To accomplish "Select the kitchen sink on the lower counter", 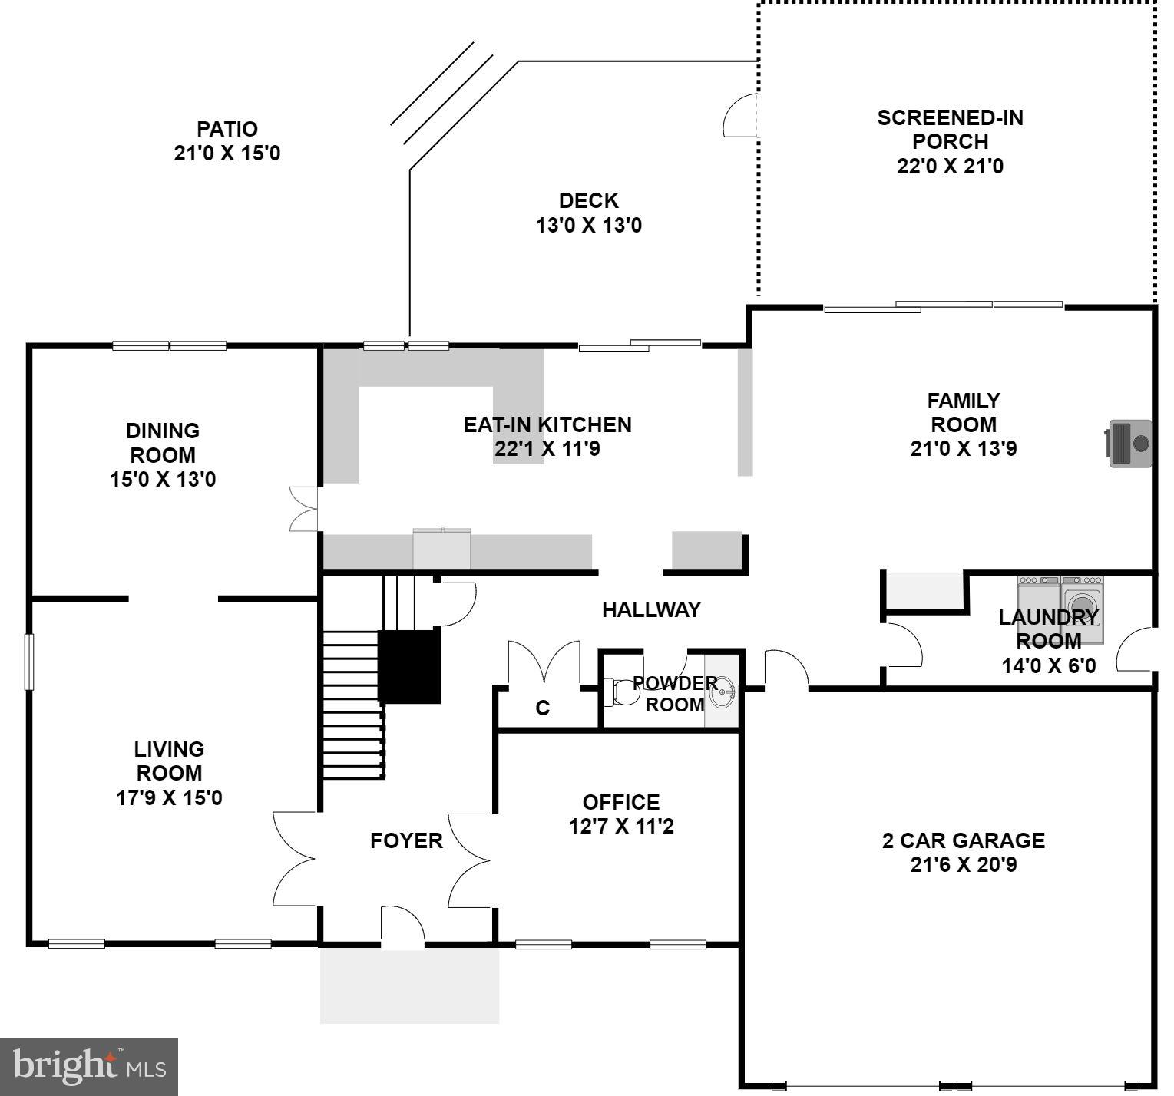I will coord(441,549).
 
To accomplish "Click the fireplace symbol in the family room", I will coord(1129,443).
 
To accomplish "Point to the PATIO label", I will coord(227,129).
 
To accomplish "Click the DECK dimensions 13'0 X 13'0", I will coord(588,226).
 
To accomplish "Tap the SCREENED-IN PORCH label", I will coord(950,130).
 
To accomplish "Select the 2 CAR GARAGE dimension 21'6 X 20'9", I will coord(963,865).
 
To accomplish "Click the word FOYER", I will coord(406,840).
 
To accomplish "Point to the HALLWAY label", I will coord(651,609).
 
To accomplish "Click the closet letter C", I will coord(542,708).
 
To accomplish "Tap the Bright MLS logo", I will coord(89,1067).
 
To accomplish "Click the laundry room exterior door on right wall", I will coord(1136,649).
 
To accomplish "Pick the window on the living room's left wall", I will coord(29,661).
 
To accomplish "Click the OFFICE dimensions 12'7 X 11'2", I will coord(620,827).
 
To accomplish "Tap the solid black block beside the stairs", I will coord(409,666).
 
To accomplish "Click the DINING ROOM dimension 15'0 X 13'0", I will coord(163,480).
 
